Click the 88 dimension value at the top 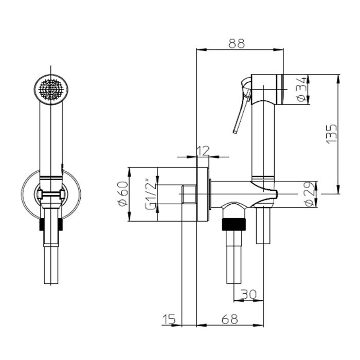[237, 43]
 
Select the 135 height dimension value [332, 134]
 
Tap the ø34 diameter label [302, 89]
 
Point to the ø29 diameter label [310, 194]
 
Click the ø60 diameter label [123, 194]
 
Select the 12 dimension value [204, 151]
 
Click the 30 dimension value [248, 294]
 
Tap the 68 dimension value [230, 319]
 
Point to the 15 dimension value [169, 319]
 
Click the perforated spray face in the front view [51, 89]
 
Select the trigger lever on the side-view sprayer [242, 105]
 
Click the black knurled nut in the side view [234, 224]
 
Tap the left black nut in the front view [42, 224]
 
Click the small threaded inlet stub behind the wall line [189, 194]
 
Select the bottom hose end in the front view [51, 265]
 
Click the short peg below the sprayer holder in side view [263, 225]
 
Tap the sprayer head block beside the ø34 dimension [267, 89]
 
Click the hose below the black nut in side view [234, 257]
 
